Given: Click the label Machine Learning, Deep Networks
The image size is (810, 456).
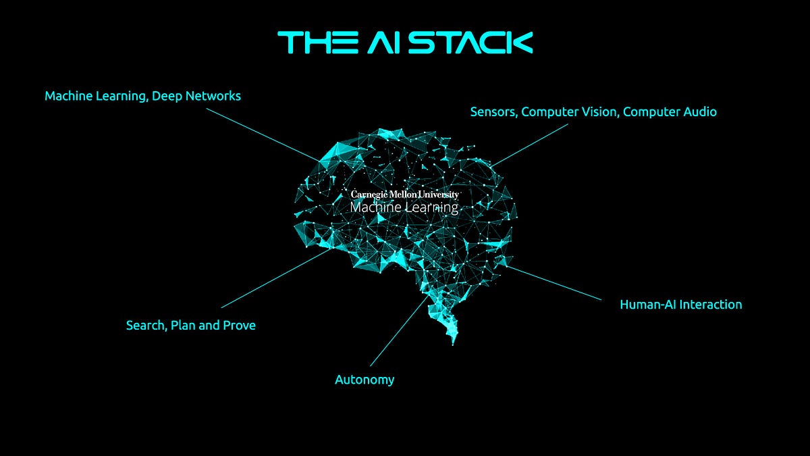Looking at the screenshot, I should (x=142, y=96).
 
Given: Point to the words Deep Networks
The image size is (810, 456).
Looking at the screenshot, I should (x=196, y=96).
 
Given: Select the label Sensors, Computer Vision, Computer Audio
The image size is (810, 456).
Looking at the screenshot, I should (x=593, y=112).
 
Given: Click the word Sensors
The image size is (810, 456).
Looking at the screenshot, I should (x=493, y=112).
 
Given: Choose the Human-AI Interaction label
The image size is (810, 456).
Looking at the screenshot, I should (x=680, y=305).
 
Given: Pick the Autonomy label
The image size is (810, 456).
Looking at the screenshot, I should (x=364, y=380).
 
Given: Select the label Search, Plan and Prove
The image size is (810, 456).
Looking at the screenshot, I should (x=191, y=326).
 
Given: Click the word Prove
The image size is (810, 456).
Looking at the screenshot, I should (x=240, y=326).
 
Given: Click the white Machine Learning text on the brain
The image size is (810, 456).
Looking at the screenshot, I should (x=404, y=207).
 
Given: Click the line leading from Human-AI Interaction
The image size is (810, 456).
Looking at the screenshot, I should (x=553, y=282).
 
